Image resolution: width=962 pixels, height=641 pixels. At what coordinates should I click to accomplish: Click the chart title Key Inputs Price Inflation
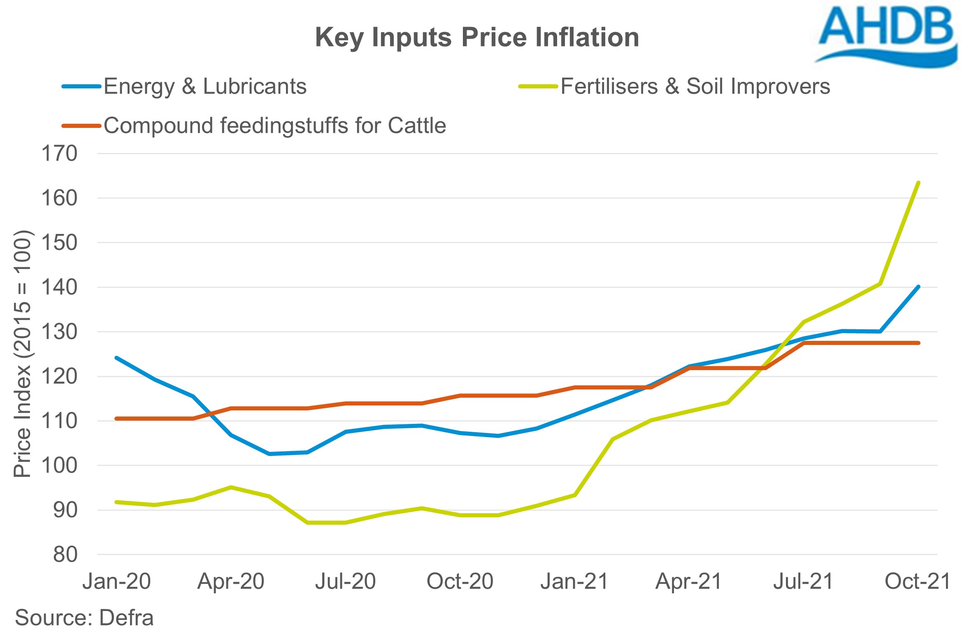[x=477, y=37]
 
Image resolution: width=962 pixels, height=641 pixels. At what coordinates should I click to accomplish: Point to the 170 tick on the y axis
[x=59, y=154]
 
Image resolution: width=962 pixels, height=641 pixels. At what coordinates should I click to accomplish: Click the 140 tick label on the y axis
[x=59, y=287]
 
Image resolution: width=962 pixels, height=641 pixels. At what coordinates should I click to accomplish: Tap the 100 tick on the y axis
[x=59, y=465]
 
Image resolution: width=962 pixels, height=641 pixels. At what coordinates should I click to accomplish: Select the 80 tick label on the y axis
[x=65, y=555]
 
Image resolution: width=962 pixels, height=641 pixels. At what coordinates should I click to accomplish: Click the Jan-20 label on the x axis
[x=117, y=581]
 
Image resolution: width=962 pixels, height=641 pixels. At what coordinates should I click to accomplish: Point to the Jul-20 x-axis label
[x=346, y=581]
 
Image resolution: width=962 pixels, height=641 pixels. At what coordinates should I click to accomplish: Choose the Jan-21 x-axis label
[x=574, y=581]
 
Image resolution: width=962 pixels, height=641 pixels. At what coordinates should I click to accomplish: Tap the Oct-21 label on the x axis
[x=918, y=581]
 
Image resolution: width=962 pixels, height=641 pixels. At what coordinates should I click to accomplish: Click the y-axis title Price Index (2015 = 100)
[x=23, y=354]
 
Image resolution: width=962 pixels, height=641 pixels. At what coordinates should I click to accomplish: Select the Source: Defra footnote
[x=84, y=618]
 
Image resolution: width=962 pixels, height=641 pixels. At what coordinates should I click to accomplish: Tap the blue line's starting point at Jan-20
[x=117, y=358]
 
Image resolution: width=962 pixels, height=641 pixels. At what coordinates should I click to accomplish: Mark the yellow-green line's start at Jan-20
[x=117, y=502]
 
